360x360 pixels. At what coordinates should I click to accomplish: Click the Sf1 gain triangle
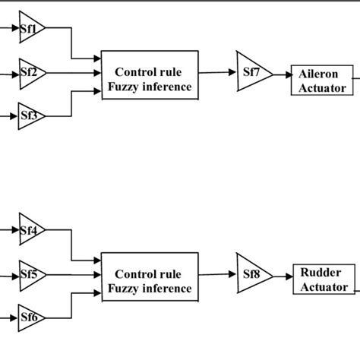pyautogui.click(x=30, y=28)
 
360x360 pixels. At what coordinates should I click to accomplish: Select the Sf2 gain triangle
pyautogui.click(x=30, y=73)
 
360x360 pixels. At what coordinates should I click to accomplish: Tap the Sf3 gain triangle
pyautogui.click(x=30, y=116)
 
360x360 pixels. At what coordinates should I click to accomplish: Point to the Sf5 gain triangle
pyautogui.click(x=30, y=273)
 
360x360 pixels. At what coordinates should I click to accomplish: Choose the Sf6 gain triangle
pyautogui.click(x=30, y=317)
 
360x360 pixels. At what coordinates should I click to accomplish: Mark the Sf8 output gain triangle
pyautogui.click(x=251, y=271)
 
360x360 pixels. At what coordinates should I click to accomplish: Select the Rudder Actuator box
pyautogui.click(x=323, y=279)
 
